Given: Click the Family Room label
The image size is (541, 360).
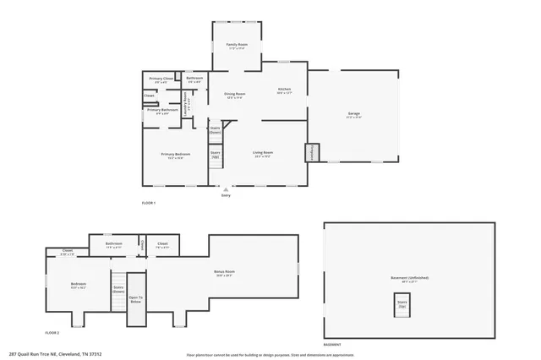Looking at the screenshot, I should point(236,46).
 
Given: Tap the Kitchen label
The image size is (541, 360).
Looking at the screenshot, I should point(284,91).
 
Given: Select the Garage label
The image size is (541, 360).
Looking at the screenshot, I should point(353,115).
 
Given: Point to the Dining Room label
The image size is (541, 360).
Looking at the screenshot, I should point(234,95).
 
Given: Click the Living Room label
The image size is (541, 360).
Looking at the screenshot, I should point(262,154).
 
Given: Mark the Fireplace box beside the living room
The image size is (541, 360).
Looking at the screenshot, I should point(312,151).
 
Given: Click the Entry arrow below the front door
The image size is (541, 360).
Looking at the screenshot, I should point(225,190).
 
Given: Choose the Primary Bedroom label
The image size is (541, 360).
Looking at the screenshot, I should point(178,155).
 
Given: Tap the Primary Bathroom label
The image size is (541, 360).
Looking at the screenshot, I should point(163,111).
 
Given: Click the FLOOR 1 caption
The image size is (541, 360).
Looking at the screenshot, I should point(149,204).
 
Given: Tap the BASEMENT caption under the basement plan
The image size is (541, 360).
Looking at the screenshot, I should point(332,344).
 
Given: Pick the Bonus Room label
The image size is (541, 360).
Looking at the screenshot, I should point(223,273).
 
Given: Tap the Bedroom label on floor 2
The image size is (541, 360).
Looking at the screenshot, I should point(78,286).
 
